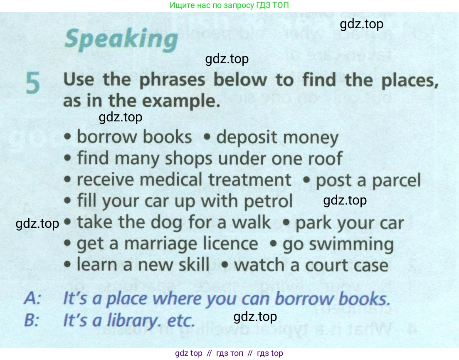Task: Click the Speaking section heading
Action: click(x=121, y=39)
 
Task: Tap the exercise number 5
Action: click(x=33, y=83)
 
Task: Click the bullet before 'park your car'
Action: click(x=286, y=222)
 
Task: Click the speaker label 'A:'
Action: click(x=32, y=298)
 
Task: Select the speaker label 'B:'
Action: click(x=32, y=320)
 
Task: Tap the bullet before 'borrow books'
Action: click(x=67, y=137)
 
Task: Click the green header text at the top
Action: click(x=229, y=5)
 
